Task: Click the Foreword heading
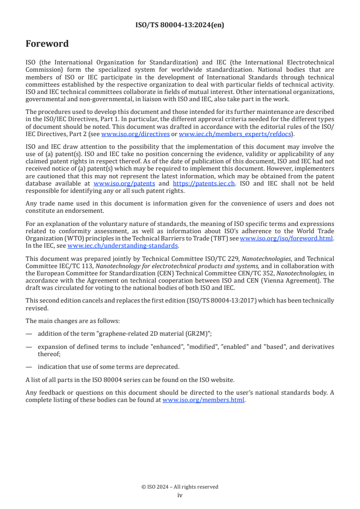47,44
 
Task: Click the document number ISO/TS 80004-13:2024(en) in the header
180,25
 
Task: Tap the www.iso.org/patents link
124,184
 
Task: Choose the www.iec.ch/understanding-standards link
123,245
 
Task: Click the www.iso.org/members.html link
203,400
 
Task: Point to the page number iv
180,495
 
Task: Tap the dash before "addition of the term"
29,334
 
